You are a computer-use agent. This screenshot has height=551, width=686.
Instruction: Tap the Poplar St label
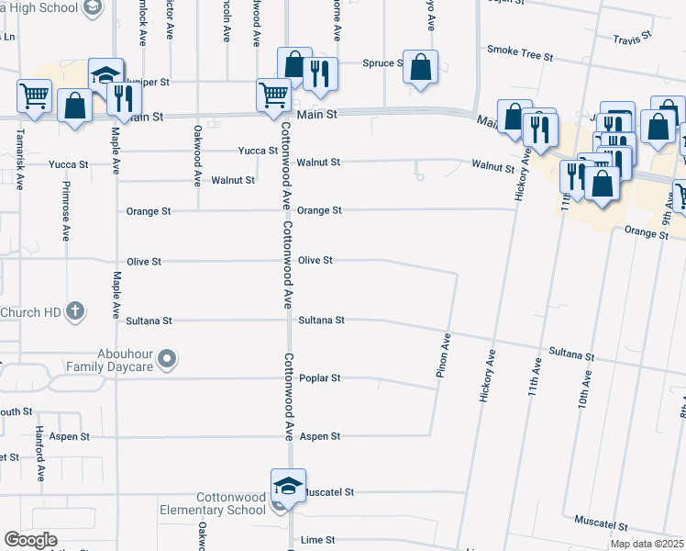(320, 378)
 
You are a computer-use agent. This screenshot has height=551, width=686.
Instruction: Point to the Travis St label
(632, 36)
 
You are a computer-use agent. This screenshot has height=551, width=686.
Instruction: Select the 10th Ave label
(583, 410)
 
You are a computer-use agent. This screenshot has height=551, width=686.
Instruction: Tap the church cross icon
(76, 312)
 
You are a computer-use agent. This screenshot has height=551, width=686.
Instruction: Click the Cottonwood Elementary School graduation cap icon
(287, 487)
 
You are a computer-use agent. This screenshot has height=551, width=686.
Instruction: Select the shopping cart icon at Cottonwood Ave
(273, 95)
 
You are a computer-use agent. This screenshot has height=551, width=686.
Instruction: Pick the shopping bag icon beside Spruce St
(420, 67)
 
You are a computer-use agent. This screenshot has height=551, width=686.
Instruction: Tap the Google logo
(29, 540)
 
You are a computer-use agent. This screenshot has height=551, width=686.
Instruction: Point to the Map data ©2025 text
(647, 544)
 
